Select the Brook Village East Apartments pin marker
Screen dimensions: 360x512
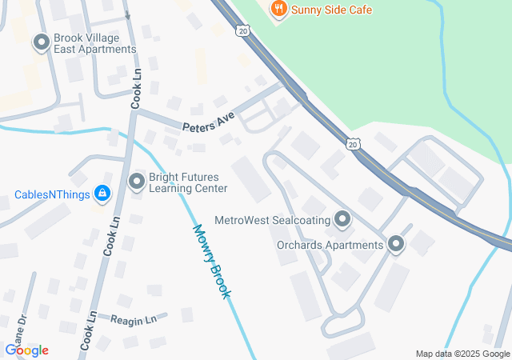tap(41, 42)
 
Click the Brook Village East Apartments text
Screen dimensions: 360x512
tap(95, 43)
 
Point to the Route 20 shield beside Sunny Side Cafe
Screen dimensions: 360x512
tap(242, 30)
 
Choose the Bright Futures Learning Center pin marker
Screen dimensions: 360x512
tap(137, 182)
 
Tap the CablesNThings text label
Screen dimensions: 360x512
tap(50, 194)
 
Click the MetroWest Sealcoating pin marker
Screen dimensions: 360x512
tap(343, 218)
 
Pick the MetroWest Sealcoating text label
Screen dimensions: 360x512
tap(273, 218)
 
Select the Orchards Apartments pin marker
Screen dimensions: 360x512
tap(396, 245)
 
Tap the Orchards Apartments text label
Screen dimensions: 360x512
tap(330, 245)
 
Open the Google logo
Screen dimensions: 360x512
tap(26, 350)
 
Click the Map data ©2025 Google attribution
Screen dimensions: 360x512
tap(462, 354)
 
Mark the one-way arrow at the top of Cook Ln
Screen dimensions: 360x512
tap(129, 14)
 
